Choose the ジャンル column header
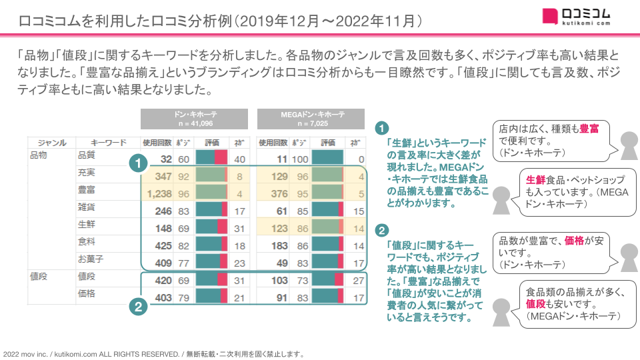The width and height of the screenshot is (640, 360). (x=52, y=143)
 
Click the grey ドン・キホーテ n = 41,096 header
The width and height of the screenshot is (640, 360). (x=194, y=119)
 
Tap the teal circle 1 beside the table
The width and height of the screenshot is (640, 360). (x=137, y=163)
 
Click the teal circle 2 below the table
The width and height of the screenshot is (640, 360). (x=137, y=307)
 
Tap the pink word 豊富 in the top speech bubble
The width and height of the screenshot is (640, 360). (x=589, y=128)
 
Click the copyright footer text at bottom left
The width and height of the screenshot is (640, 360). (x=154, y=354)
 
